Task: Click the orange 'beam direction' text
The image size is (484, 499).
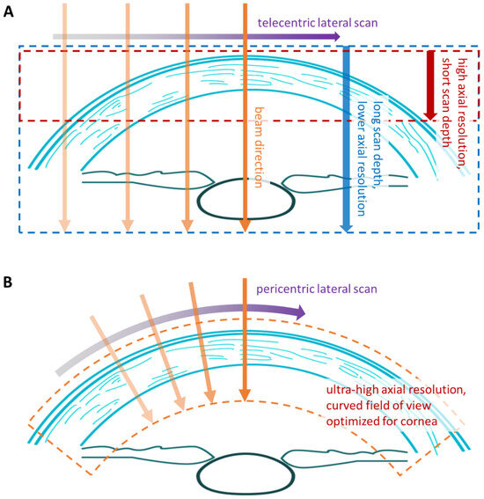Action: (x=258, y=145)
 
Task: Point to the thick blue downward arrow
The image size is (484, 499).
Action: (x=346, y=136)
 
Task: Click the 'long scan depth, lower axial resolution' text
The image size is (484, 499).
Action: (x=370, y=141)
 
